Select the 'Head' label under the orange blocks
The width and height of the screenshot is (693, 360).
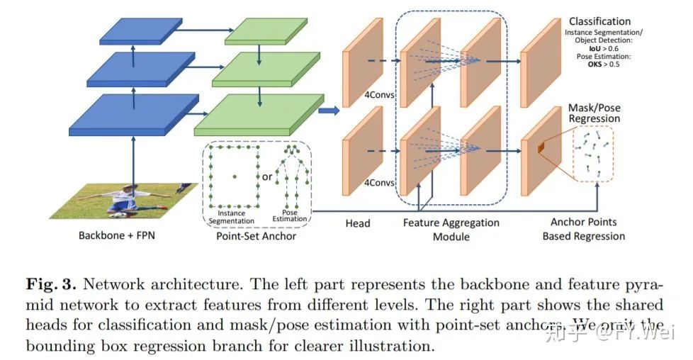(358, 223)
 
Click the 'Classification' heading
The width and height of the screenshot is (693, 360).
(599, 21)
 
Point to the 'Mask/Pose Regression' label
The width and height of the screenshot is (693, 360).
(595, 113)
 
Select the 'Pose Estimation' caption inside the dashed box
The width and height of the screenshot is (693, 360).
(290, 215)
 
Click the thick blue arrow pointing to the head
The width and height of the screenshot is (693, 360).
(327, 111)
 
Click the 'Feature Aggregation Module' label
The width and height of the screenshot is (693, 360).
(451, 229)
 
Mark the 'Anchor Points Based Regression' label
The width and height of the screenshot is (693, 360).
(583, 229)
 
